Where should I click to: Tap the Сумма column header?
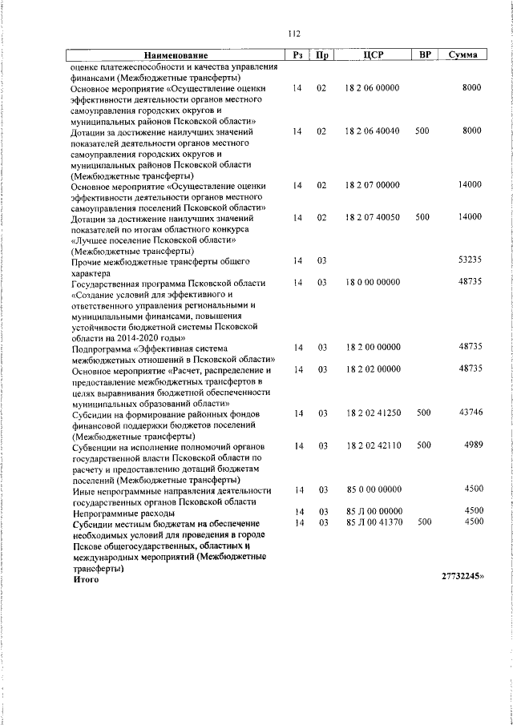click(x=463, y=54)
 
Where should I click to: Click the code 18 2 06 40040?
click(x=372, y=131)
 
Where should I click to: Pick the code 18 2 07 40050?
click(x=372, y=217)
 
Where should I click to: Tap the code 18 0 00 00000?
click(x=372, y=282)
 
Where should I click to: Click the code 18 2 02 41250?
click(x=372, y=413)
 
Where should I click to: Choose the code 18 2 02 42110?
click(x=372, y=445)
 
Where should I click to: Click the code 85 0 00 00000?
click(x=372, y=489)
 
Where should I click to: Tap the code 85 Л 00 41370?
click(x=372, y=522)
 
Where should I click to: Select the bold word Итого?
click(x=86, y=578)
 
